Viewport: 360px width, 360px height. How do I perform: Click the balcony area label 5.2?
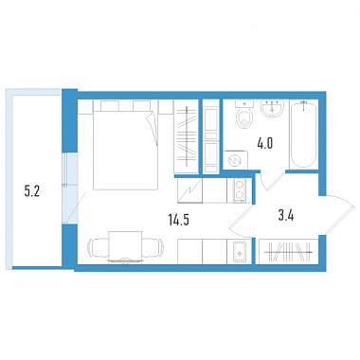[x=32, y=191]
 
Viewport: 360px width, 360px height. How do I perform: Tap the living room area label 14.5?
[x=179, y=220]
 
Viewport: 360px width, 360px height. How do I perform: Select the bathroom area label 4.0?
[x=264, y=144]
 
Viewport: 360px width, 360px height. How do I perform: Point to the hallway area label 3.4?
[x=286, y=216]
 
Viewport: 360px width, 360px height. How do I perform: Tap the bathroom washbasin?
[x=272, y=108]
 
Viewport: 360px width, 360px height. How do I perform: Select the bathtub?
[x=303, y=135]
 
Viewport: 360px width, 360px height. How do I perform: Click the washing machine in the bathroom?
[x=235, y=160]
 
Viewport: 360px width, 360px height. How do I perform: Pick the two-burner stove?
[x=240, y=190]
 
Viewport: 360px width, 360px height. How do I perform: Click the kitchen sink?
[x=240, y=251]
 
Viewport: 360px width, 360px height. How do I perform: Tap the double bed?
[x=126, y=145]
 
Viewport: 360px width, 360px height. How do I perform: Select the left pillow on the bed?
[x=110, y=105]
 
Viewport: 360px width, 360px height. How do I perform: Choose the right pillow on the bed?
[x=141, y=105]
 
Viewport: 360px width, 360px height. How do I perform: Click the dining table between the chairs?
[x=125, y=246]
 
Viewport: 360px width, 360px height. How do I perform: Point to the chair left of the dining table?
[x=98, y=248]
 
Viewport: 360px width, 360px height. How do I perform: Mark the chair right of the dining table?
[x=153, y=248]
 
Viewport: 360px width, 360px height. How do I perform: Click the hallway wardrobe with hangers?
[x=288, y=252]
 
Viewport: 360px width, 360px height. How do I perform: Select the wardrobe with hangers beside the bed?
[x=187, y=136]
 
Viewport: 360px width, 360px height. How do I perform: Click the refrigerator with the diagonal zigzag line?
[x=189, y=190]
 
